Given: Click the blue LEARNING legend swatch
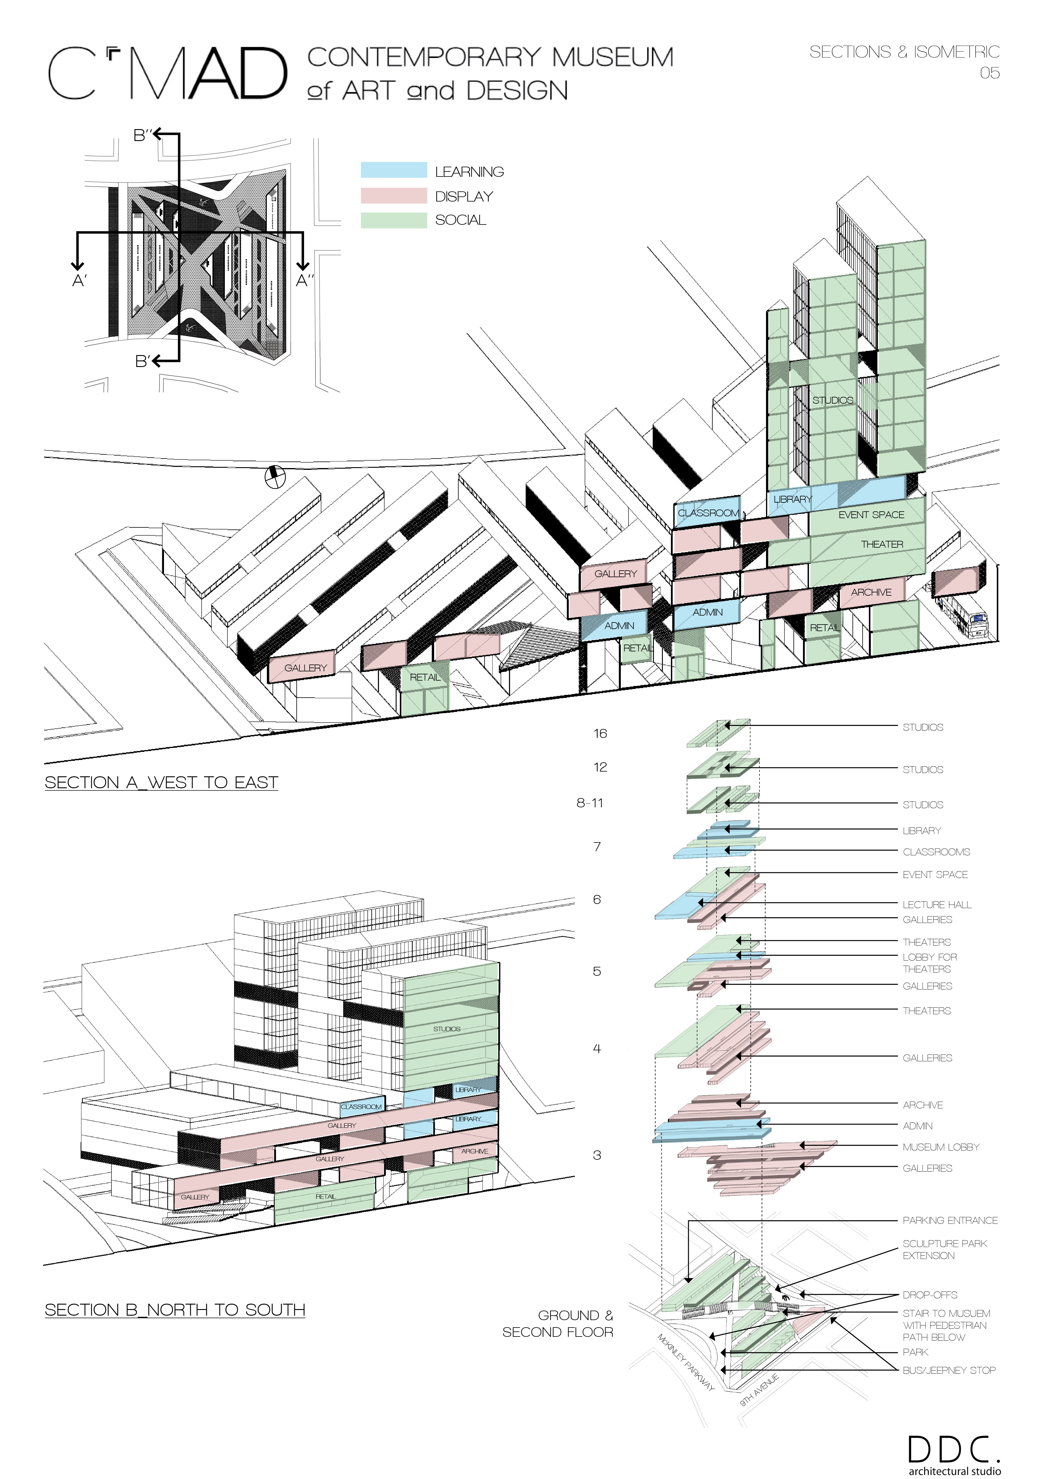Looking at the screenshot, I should coord(394,170).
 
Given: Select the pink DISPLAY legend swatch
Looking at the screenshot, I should coord(394,195).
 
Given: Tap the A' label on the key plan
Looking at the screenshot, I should coord(79,281).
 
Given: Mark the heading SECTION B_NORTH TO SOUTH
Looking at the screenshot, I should coord(174,1310).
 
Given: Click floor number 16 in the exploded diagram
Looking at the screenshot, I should coord(600,734).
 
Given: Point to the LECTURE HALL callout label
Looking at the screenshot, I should coord(937,905).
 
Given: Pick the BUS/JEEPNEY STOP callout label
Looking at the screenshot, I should coord(949,1370).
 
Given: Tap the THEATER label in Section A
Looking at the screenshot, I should coord(882,544).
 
